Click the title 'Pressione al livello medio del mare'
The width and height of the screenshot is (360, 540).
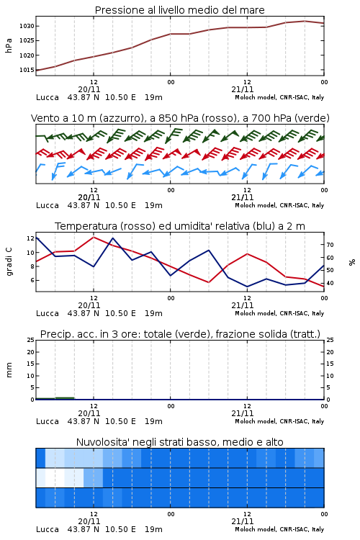coord(179,10)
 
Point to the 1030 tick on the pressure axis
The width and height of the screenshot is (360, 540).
coord(27,26)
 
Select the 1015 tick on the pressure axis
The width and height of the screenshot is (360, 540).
coord(27,70)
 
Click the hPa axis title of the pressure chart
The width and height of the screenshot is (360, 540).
coord(9,45)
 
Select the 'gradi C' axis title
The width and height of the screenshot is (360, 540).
coord(9,262)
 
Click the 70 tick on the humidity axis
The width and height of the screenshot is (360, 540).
coord(330,245)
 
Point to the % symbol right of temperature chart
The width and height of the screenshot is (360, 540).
coord(352,262)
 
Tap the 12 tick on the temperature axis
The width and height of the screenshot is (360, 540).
coord(30,238)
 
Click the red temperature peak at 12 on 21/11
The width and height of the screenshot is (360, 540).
coord(247,254)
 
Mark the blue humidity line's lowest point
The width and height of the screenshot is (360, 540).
coord(247,287)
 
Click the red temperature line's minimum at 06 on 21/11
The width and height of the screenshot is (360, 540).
coord(208,282)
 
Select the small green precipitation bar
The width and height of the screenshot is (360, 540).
coord(65,398)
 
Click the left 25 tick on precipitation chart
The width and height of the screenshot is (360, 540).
coord(30,340)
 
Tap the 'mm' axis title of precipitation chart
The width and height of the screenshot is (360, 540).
coord(9,370)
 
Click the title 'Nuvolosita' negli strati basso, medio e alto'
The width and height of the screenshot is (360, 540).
coord(179,442)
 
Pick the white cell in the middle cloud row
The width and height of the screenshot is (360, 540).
coord(55,477)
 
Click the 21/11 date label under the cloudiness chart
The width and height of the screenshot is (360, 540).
coord(242,521)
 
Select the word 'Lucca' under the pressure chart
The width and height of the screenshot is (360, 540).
coord(48,97)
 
